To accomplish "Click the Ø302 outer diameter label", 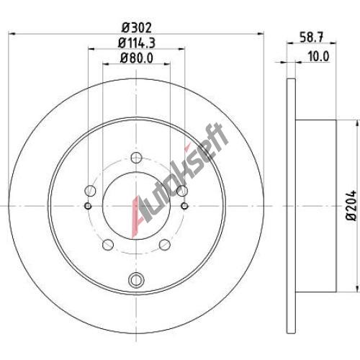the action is (137, 28).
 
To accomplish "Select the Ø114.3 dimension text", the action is (137, 43).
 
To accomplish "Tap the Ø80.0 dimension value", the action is (137, 58).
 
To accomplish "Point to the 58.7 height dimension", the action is (311, 37).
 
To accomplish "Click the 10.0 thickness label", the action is (318, 56).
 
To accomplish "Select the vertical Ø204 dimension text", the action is (351, 205).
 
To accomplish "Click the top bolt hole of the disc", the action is (137, 158).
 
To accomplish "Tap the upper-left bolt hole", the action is (91, 191).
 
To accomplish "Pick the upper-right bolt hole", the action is (182, 191).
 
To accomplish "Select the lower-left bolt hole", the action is (108, 245).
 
